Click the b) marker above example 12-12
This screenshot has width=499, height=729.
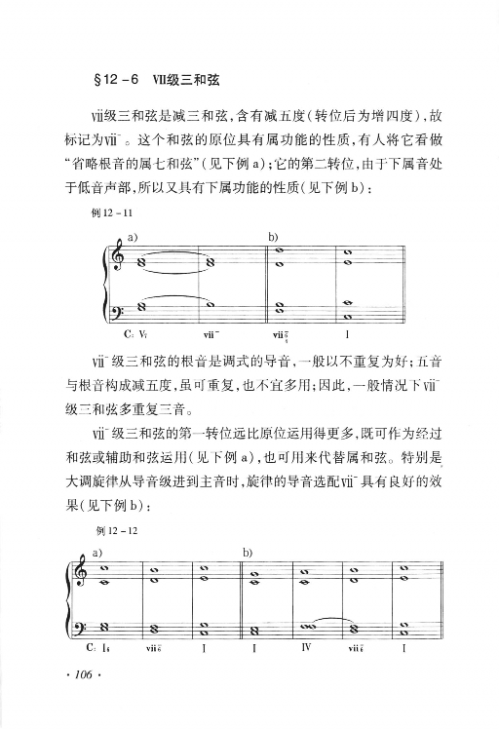[246, 552]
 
